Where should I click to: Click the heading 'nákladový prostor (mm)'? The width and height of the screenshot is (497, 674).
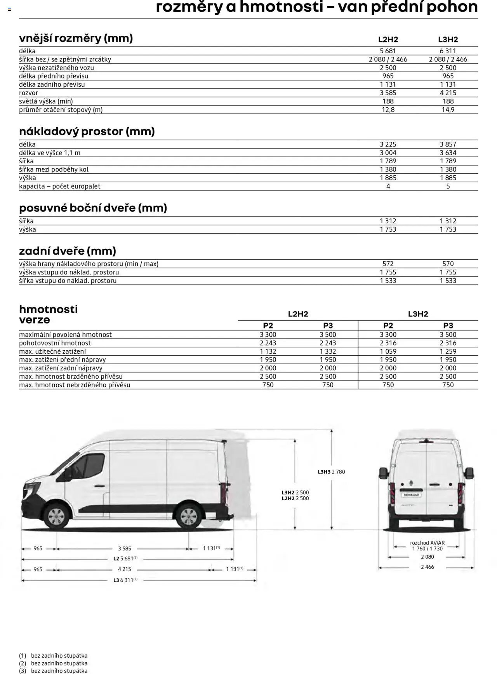point(87,131)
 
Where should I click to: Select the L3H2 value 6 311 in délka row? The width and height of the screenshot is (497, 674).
point(448,51)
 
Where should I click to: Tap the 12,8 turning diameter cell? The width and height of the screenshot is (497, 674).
point(388,110)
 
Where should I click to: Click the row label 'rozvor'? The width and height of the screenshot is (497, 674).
point(29,93)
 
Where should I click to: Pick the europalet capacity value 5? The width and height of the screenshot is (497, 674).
point(448,186)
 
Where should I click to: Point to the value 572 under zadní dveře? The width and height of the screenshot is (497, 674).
point(388,264)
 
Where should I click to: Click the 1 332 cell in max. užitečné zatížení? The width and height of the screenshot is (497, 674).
point(328,351)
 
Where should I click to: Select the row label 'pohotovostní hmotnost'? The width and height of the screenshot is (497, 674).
point(55,343)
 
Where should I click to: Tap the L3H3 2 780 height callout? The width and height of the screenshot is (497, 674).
point(331,472)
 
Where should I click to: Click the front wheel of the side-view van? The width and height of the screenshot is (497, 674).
point(56,517)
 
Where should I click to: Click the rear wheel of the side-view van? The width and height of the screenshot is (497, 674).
point(189,517)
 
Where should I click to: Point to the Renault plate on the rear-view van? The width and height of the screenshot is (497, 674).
point(411,495)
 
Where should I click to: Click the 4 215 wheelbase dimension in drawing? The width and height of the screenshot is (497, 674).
point(125,569)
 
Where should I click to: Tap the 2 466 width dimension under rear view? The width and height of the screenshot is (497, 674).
point(427,567)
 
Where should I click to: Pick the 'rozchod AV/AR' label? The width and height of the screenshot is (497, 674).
point(427,543)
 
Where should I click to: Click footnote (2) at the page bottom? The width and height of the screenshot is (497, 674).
point(53,663)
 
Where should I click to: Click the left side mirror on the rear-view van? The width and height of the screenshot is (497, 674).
point(384,473)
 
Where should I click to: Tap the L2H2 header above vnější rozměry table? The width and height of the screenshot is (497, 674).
point(388,40)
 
